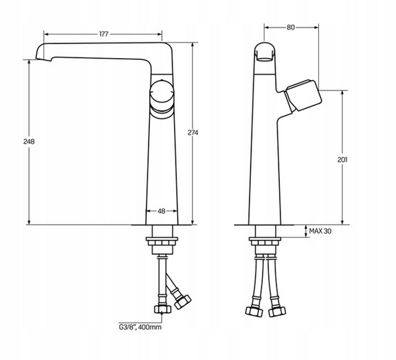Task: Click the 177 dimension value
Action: [104, 34]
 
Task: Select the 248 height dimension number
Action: [29, 142]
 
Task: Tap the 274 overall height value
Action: [193, 133]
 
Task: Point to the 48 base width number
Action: [161, 211]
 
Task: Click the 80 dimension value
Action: [290, 27]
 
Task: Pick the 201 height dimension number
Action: [343, 160]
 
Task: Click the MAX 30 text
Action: [320, 231]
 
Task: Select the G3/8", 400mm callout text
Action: [140, 327]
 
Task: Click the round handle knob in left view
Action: [162, 92]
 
